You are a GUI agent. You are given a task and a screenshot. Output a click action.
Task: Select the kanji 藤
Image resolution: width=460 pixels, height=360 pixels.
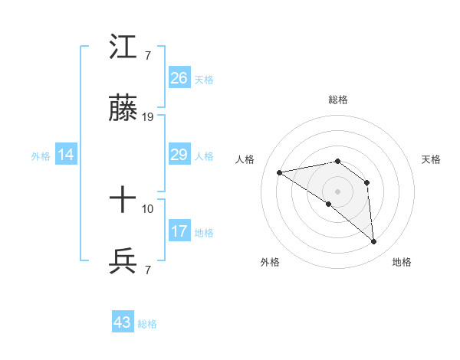pos(123,110)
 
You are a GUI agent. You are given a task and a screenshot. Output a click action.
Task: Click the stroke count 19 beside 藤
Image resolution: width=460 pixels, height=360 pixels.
pos(149,117)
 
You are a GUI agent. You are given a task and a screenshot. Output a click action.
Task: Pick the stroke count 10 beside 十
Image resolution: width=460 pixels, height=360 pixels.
pos(148,208)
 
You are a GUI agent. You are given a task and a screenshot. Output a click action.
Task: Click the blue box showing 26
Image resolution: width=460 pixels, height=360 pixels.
pos(179,77)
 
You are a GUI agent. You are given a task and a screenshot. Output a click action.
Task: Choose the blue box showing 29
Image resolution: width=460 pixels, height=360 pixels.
pos(179,155)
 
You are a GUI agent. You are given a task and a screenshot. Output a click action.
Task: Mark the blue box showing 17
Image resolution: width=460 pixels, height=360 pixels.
pos(179,231)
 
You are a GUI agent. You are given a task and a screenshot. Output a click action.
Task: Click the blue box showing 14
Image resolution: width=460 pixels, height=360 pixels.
pos(66,155)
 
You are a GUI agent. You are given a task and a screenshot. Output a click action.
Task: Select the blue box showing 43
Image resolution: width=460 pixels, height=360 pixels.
pos(123,322)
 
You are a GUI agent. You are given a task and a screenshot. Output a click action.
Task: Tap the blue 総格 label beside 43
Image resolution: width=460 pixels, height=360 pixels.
pos(147,324)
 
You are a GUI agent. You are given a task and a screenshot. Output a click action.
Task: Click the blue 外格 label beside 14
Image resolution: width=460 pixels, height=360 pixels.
pos(41,156)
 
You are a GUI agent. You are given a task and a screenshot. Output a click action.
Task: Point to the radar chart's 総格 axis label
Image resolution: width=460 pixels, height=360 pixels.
pos(338,100)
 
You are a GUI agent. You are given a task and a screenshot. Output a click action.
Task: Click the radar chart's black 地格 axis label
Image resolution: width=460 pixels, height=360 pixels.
pos(402,262)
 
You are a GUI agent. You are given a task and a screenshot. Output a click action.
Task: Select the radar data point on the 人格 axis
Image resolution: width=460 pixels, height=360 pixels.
pos(280,172)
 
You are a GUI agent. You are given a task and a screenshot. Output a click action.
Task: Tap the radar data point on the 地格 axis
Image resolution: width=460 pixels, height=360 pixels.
pos(373,242)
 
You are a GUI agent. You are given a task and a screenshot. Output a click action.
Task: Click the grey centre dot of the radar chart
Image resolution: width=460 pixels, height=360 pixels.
pos(338,191)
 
